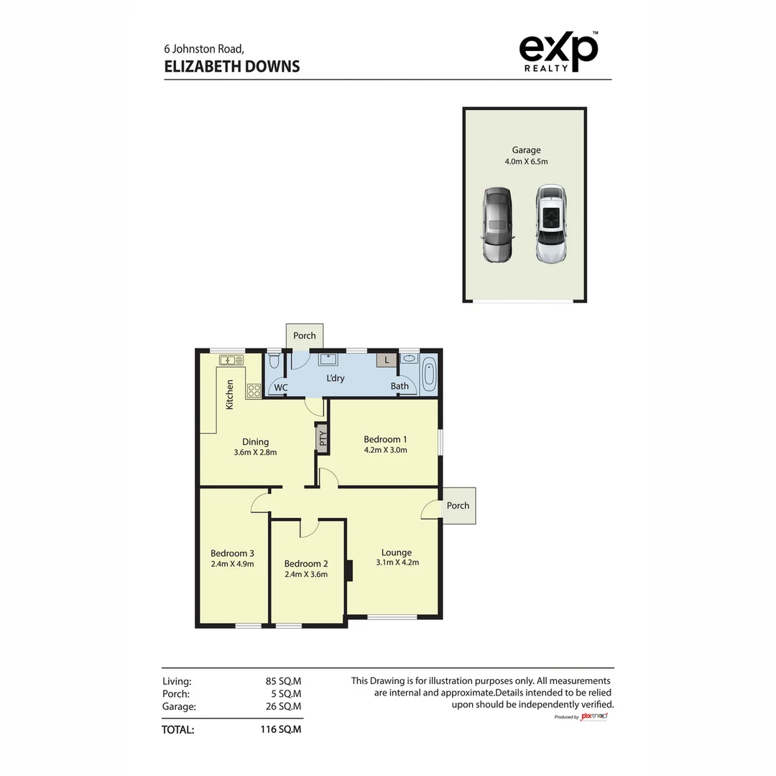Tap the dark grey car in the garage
[x=497, y=225]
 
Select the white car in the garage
[x=551, y=223]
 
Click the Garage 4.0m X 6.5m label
[x=526, y=156]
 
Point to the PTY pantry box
[x=323, y=438]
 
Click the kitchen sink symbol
[x=231, y=360]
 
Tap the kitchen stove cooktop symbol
[x=254, y=392]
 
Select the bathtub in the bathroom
[x=429, y=374]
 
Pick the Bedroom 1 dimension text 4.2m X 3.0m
[x=385, y=451]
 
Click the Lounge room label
[x=397, y=553]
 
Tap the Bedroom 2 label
[x=306, y=563]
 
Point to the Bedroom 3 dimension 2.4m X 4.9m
[x=232, y=564]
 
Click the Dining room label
[x=255, y=442]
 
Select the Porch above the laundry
[x=305, y=336]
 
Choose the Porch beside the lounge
[x=458, y=505]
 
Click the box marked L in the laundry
[x=387, y=360]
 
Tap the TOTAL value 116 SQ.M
[x=280, y=729]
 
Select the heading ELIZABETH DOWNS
[x=232, y=67]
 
